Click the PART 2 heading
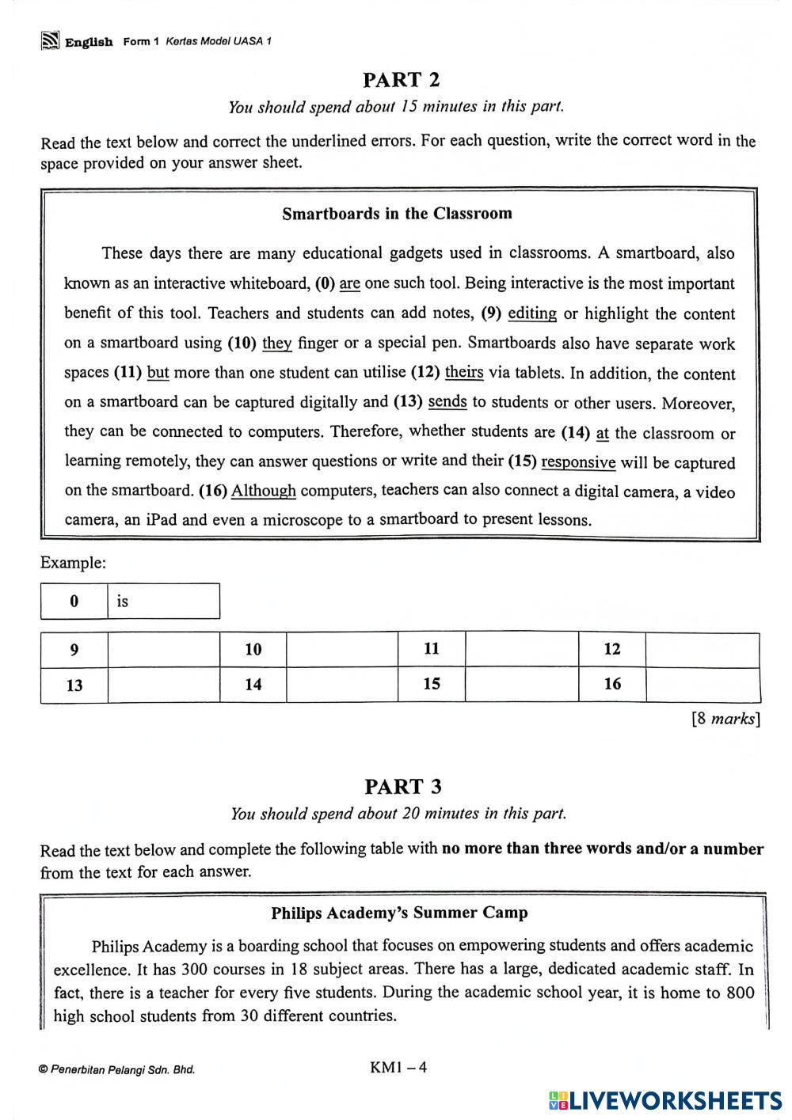click(401, 80)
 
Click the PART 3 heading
click(402, 787)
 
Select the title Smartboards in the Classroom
click(397, 214)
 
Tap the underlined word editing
click(531, 313)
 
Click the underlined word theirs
click(464, 372)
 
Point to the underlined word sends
click(447, 402)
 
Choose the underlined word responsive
click(578, 462)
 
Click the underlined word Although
click(263, 491)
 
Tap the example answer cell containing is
click(163, 602)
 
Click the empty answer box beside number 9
click(163, 650)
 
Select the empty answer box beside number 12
click(703, 650)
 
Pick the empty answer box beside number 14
click(341, 685)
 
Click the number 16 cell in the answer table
click(612, 685)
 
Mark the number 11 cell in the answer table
click(432, 650)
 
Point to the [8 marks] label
click(725, 719)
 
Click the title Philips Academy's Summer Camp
click(399, 913)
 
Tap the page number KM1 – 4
click(398, 1067)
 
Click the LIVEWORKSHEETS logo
click(664, 1100)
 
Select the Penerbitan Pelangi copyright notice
click(116, 1070)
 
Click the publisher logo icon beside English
click(51, 41)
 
